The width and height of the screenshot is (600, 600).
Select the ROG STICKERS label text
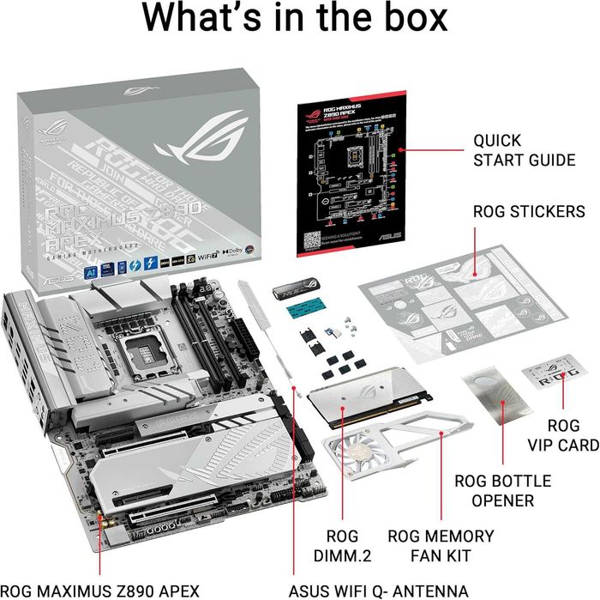(529, 211)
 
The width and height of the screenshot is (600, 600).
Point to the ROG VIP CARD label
(573, 434)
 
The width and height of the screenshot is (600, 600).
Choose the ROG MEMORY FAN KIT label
(441, 547)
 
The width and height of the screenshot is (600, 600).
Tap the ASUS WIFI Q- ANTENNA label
(369, 591)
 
